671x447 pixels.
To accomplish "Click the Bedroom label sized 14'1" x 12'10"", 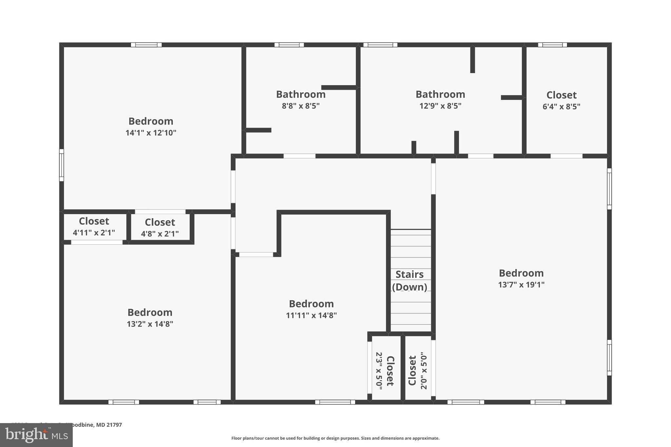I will (x=151, y=121).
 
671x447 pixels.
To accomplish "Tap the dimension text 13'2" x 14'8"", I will (x=150, y=324).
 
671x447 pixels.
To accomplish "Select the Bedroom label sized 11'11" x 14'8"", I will (x=311, y=304).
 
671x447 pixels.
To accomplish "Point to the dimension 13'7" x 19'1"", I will (x=521, y=285).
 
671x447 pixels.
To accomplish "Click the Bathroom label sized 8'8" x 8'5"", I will (x=301, y=94).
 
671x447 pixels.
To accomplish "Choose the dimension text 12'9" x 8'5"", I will (x=440, y=106).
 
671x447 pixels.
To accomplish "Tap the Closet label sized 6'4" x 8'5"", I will (x=561, y=95).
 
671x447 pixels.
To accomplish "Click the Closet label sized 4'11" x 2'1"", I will (x=94, y=221).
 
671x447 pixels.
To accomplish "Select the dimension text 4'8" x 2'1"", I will (x=160, y=234).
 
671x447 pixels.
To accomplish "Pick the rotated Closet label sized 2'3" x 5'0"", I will (x=390, y=371).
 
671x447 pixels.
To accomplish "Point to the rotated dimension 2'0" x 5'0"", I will (x=424, y=371).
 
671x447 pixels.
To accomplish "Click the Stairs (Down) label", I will (x=410, y=281).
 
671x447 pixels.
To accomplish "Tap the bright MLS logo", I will (x=36, y=435).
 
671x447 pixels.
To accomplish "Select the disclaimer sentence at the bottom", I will (x=335, y=438).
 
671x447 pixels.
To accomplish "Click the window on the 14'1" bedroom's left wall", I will (x=61, y=165).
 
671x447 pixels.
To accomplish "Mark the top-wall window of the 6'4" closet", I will (x=552, y=45).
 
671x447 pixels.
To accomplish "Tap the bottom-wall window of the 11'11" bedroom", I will (x=335, y=402).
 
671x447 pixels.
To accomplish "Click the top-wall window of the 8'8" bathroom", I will (x=289, y=45).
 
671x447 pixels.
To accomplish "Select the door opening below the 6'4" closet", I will (x=566, y=156).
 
